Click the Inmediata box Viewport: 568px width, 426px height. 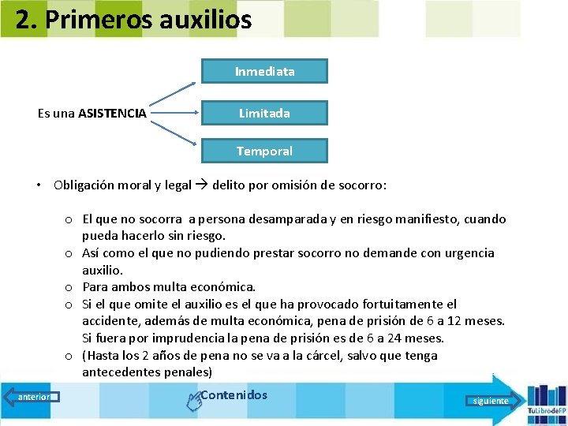[x=264, y=72]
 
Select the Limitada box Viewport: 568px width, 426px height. [x=264, y=114]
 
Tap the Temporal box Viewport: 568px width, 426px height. [x=264, y=151]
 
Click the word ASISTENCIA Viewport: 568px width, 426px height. [x=112, y=114]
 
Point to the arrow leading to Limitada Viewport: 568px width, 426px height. [x=174, y=114]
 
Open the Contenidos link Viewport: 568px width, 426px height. [x=234, y=395]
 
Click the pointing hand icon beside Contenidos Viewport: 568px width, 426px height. [x=192, y=402]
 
